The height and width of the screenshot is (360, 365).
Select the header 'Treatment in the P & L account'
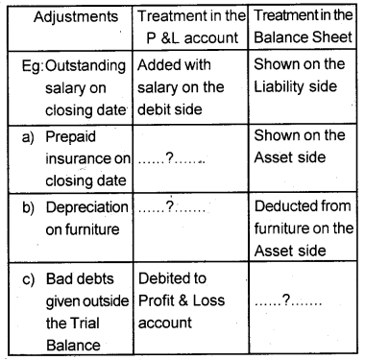187,29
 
